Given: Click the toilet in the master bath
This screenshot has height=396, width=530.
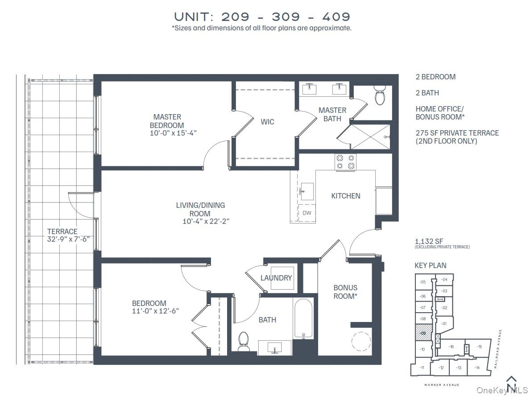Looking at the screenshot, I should [x=380, y=97].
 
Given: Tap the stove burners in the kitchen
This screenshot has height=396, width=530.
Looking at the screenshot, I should [x=345, y=162].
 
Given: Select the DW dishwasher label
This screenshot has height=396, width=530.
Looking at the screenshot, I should [x=307, y=213].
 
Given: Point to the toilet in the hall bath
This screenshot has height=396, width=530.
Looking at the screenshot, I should [x=244, y=341].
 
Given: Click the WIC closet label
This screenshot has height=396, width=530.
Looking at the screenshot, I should [x=267, y=122].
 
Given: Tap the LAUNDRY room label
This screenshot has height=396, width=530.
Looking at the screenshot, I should [x=276, y=278].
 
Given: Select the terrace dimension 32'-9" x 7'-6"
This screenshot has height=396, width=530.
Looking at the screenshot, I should [x=68, y=239].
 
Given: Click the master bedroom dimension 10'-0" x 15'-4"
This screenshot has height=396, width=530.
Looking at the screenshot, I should [x=173, y=133].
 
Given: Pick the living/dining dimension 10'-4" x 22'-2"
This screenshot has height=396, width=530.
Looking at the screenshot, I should [x=206, y=221].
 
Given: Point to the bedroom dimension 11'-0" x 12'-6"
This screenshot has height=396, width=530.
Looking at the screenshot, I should [x=156, y=311].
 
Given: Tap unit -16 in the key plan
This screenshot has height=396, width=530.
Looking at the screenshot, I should [x=451, y=346].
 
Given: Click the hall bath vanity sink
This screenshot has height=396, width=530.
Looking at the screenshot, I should [x=274, y=347].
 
